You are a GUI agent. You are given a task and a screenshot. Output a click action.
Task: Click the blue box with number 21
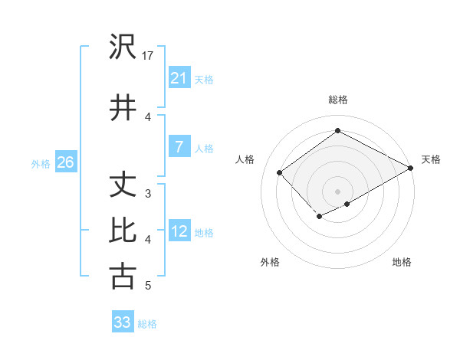(x=179, y=77)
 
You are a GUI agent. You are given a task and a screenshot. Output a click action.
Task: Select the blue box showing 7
(x=179, y=148)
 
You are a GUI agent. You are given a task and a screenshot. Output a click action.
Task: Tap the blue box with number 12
(x=179, y=232)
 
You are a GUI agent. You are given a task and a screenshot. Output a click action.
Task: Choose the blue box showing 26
(x=65, y=162)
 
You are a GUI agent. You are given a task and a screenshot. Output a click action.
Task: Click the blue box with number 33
(x=123, y=322)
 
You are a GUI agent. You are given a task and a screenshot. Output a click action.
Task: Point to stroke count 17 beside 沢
(x=148, y=56)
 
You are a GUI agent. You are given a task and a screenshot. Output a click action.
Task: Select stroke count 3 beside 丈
(x=148, y=194)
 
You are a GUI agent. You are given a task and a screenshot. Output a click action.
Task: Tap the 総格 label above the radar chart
(x=337, y=100)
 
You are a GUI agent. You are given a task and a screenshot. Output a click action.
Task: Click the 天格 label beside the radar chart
(x=431, y=159)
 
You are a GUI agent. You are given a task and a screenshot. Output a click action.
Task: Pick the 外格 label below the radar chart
(x=270, y=262)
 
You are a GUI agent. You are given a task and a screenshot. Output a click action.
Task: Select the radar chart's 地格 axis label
(x=402, y=262)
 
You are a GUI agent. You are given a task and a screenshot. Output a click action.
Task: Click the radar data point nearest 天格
(x=412, y=168)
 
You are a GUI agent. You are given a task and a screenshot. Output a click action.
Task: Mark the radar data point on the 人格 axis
(x=280, y=172)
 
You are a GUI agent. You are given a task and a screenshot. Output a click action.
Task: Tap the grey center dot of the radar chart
(x=337, y=191)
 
